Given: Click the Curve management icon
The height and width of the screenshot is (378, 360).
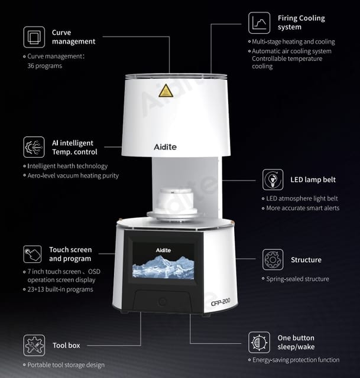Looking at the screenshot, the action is [34, 37].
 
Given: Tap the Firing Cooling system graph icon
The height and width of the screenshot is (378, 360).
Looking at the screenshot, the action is [259, 23].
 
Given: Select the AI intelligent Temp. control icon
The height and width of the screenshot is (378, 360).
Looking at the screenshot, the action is [34, 147].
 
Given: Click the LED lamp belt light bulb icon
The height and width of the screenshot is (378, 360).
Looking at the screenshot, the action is [273, 180].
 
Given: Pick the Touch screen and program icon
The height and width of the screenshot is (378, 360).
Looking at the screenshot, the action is [33, 254].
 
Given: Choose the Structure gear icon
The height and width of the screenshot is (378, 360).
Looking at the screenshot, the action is [273, 260].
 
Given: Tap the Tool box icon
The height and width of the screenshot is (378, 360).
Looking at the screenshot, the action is [34, 346].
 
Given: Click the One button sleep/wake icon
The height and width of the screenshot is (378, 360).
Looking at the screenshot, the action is [259, 343].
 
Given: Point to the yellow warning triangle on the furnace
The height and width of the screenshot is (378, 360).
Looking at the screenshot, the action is [166, 91].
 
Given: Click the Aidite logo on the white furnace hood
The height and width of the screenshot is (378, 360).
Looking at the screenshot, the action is [166, 147].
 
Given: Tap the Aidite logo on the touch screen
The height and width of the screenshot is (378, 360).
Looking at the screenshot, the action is [163, 250].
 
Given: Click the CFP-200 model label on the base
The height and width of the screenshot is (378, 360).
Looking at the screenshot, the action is [220, 302].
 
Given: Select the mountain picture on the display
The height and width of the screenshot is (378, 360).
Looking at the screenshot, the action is [163, 267].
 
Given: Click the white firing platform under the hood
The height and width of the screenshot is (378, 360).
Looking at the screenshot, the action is [176, 204].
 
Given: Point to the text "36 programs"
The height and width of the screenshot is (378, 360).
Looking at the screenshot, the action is [45, 66].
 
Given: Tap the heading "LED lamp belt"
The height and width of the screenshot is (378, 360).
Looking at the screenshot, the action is [313, 180].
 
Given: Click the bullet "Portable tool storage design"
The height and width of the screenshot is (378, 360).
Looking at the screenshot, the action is [64, 365].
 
